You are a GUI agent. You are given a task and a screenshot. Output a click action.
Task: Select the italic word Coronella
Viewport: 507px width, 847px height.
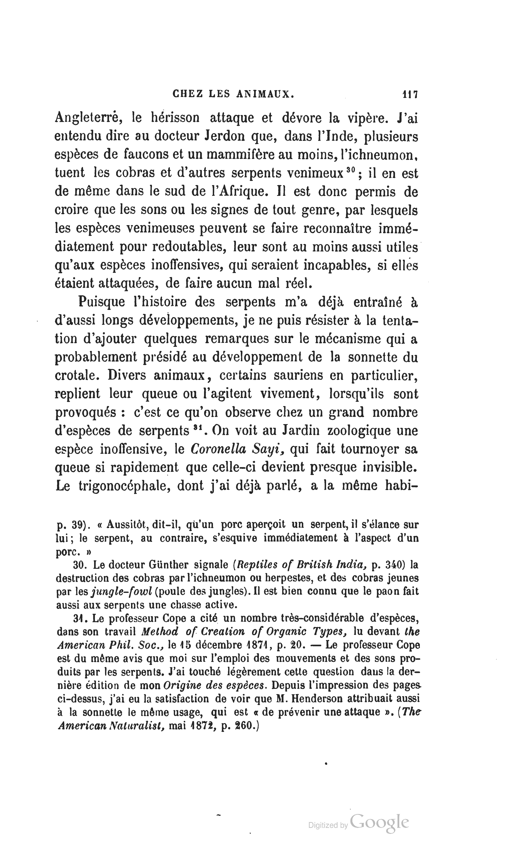click(219, 449)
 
